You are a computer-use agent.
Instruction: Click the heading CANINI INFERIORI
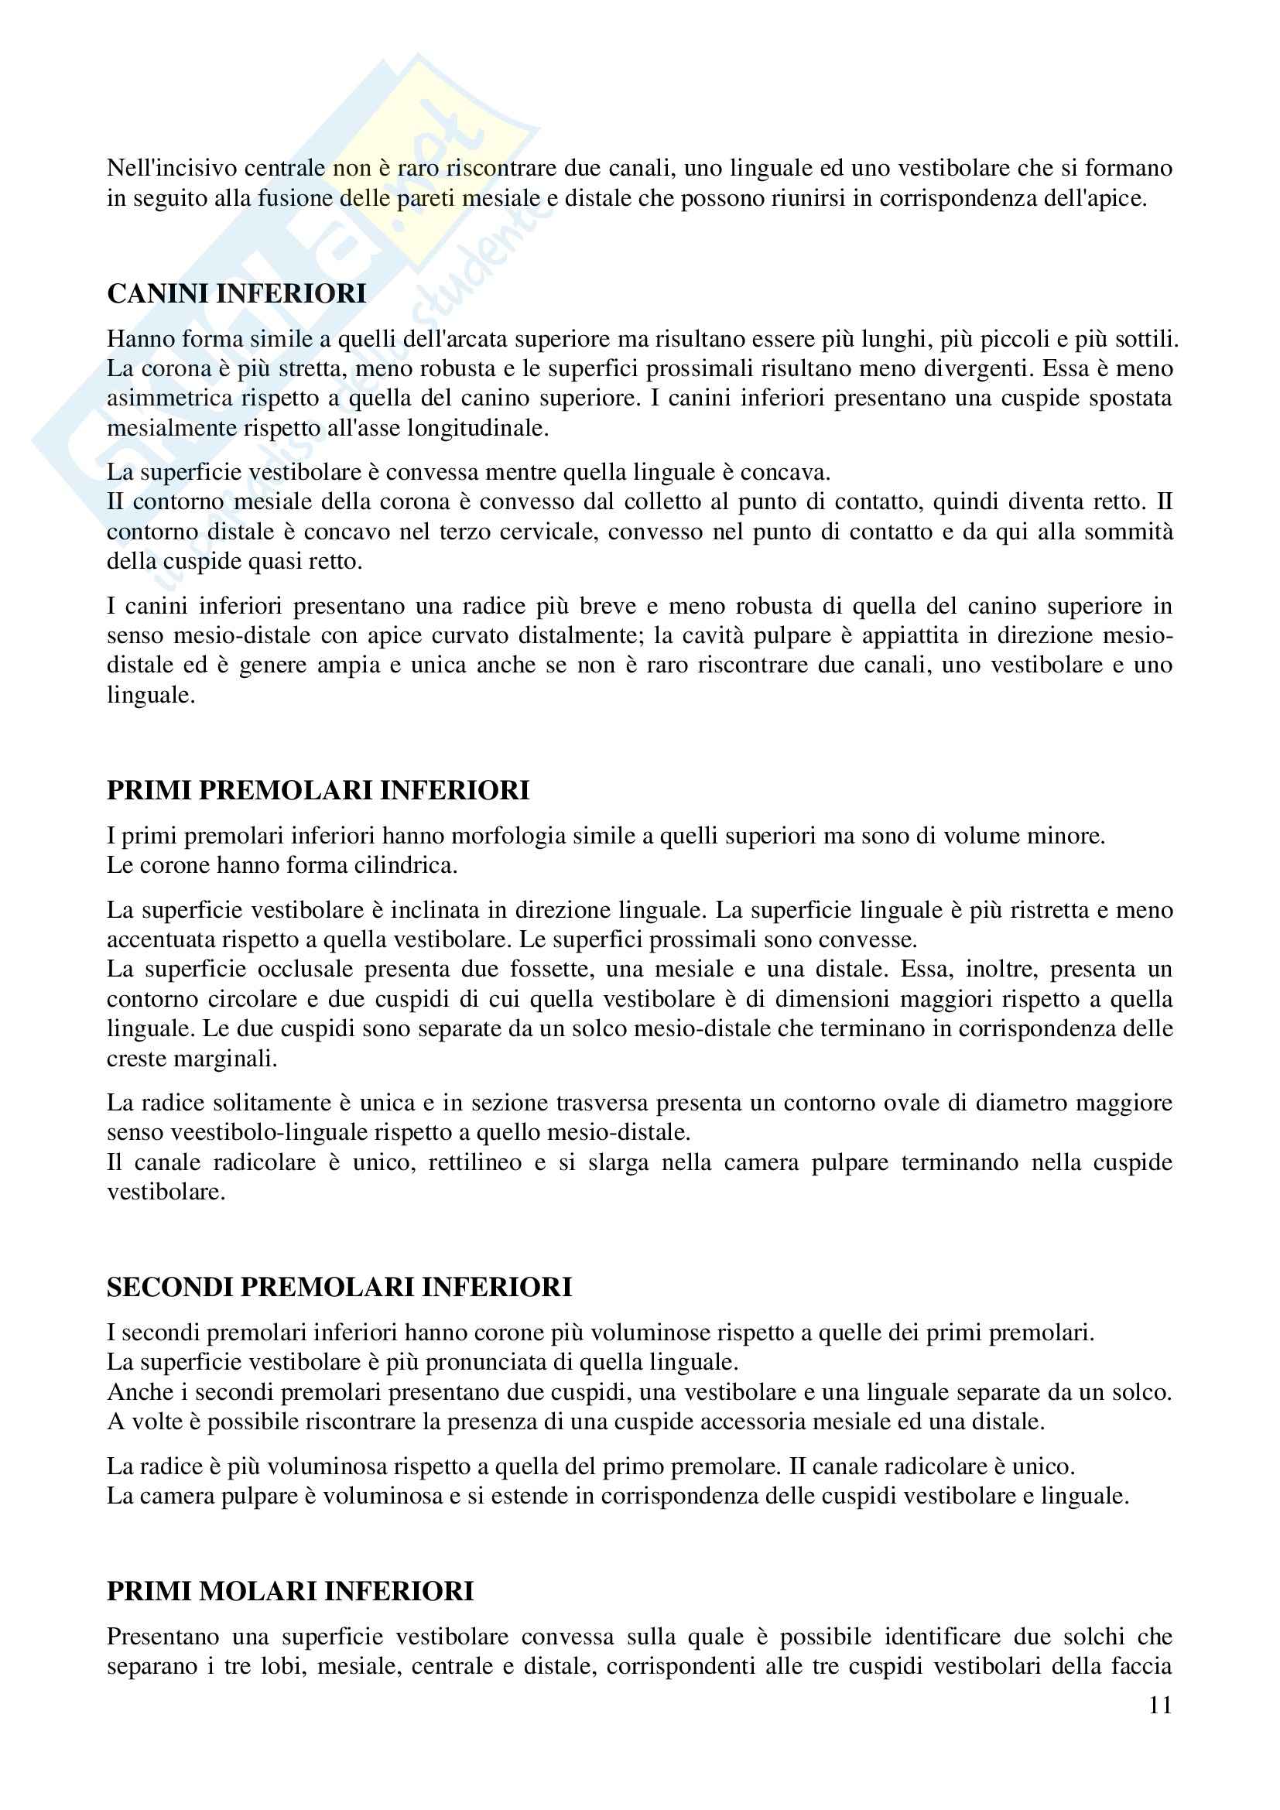pyautogui.click(x=237, y=294)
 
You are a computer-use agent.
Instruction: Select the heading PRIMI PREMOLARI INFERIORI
pyautogui.click(x=317, y=790)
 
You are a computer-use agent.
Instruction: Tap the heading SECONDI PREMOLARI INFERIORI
pyautogui.click(x=339, y=1288)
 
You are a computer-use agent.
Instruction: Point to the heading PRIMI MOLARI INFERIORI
pyautogui.click(x=290, y=1591)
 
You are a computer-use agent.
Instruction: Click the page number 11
pyautogui.click(x=1160, y=1706)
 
